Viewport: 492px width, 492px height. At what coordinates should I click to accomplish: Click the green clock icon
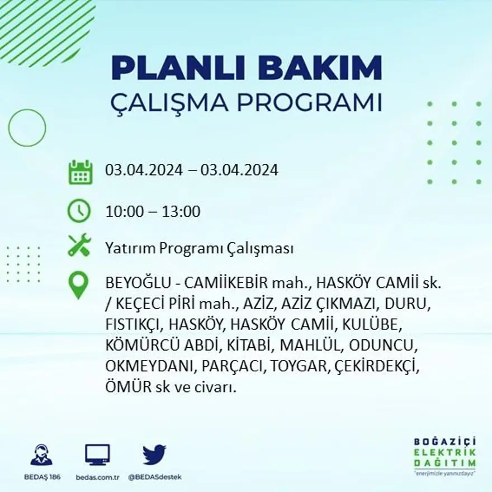click(x=79, y=211)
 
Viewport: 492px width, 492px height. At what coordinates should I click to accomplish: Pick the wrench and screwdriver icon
click(x=79, y=245)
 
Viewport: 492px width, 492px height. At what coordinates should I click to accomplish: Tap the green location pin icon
click(x=78, y=285)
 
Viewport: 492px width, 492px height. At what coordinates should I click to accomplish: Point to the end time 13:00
click(x=181, y=212)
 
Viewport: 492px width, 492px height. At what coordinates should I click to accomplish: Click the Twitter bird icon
click(x=154, y=455)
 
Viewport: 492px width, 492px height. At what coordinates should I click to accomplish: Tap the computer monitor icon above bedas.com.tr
click(x=97, y=455)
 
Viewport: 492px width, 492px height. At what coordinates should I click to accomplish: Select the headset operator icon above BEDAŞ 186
click(x=41, y=455)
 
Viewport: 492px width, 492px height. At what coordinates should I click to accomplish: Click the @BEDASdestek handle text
click(x=154, y=477)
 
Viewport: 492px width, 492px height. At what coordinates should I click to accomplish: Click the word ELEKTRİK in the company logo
click(x=445, y=452)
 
